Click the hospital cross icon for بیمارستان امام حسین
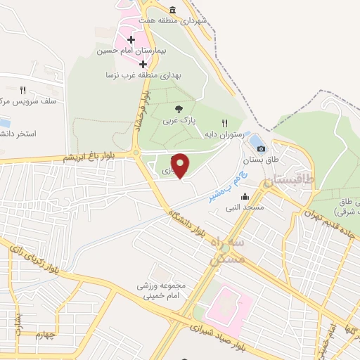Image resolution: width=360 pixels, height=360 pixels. (131, 39)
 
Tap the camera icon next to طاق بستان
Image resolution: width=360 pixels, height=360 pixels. (262, 148)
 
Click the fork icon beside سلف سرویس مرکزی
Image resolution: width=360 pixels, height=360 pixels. (22, 90)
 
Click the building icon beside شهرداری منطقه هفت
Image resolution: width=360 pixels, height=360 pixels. (173, 9)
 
